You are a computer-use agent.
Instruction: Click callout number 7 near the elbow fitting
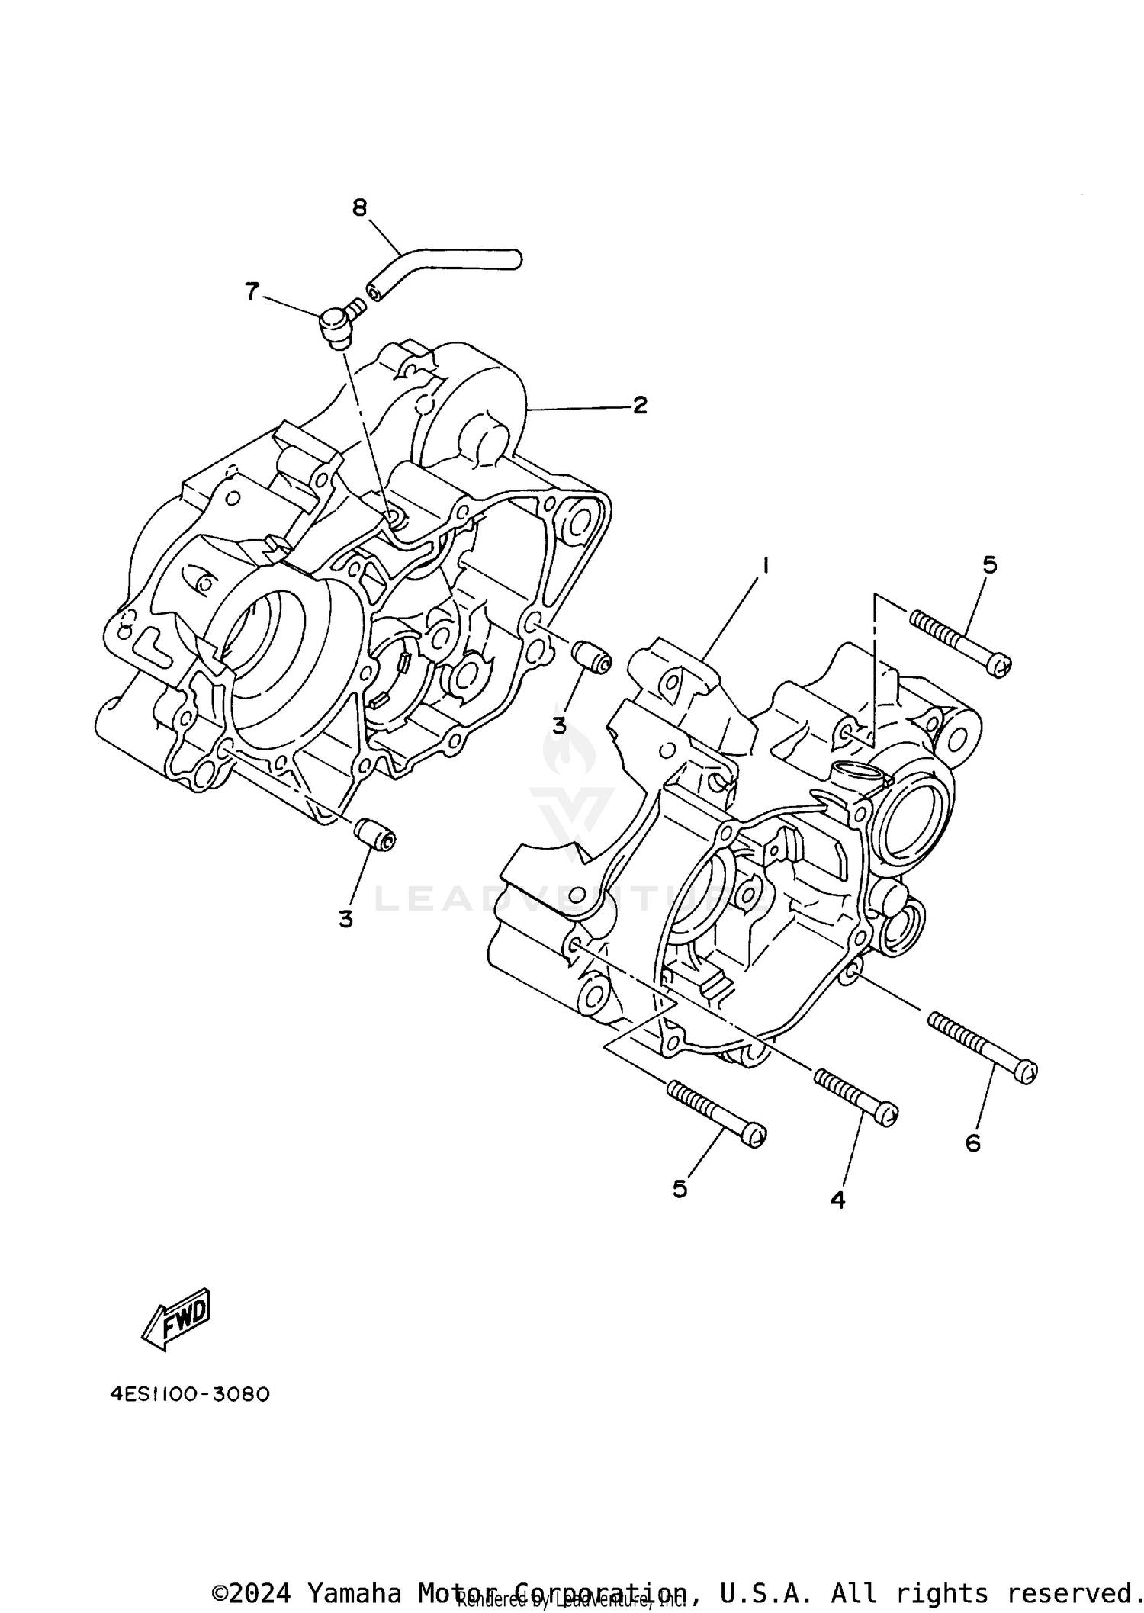252,291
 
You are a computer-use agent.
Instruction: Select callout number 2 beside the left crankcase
640,405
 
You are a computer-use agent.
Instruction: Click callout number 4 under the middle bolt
837,1200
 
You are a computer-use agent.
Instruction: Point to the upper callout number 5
989,565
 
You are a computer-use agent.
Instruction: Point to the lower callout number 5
680,1188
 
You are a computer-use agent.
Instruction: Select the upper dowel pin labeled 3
591,657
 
